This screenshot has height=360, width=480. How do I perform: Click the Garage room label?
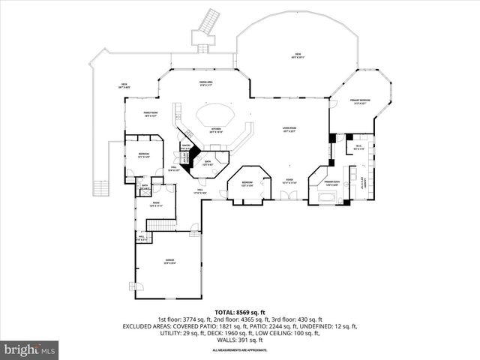pyautogui.click(x=170, y=260)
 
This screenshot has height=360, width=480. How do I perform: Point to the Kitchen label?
pyautogui.click(x=216, y=130)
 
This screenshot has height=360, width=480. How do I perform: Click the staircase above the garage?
pyautogui.click(x=160, y=224)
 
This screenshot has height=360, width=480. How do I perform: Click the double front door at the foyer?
pyautogui.click(x=289, y=196)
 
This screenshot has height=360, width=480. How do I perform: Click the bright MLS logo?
pyautogui.click(x=30, y=349)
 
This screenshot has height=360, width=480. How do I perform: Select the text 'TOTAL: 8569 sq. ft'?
pyautogui.click(x=240, y=311)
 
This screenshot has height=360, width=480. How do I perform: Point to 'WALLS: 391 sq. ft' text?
pyautogui.click(x=240, y=340)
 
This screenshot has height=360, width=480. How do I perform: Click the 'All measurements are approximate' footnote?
pyautogui.click(x=240, y=350)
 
